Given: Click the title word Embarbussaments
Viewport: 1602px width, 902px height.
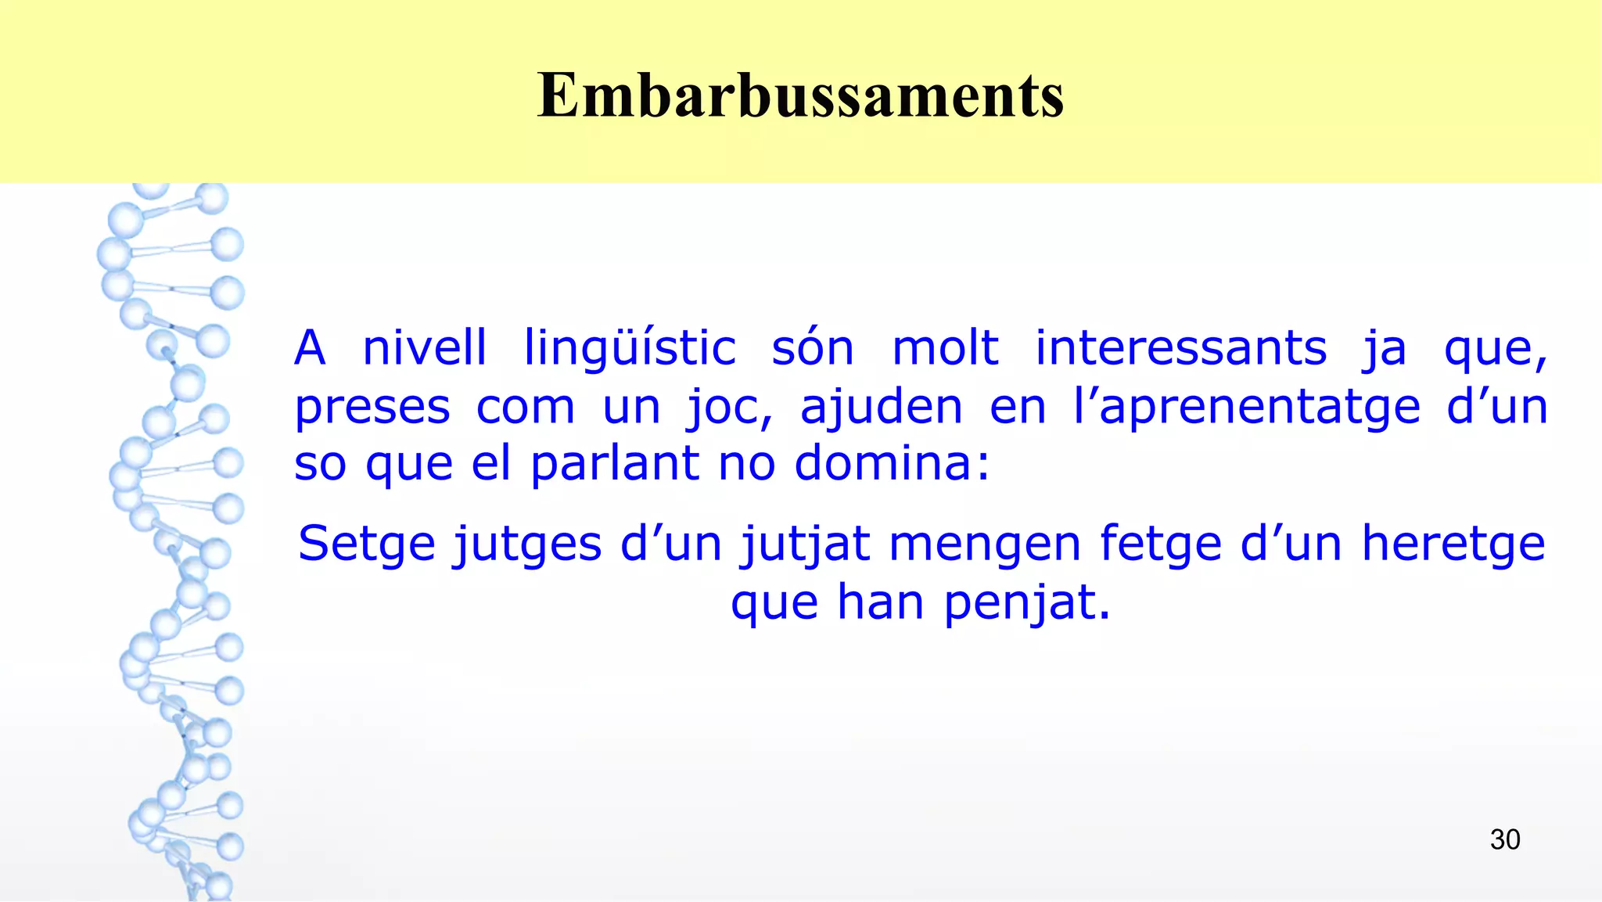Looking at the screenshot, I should [800, 95].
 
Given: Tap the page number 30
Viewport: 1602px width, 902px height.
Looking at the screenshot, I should [1504, 839].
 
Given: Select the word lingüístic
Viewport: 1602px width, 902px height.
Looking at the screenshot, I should [630, 348].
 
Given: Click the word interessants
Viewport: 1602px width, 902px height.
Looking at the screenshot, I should [1181, 348].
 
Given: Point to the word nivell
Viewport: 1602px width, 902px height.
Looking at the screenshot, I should [425, 348].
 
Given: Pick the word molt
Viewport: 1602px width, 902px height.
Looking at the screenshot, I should [945, 348].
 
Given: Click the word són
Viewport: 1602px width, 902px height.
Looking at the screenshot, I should [813, 348].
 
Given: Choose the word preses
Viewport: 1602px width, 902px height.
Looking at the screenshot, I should [372, 408].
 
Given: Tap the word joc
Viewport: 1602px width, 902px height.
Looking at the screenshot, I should [729, 408].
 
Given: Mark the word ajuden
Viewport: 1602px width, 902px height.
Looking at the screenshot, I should [881, 408].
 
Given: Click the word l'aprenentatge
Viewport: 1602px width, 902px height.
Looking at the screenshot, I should [1246, 408].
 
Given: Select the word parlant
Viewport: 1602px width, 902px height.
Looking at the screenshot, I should [615, 463].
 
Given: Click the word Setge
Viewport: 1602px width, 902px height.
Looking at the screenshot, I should [366, 544].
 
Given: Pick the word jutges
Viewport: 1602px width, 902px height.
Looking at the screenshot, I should [528, 544].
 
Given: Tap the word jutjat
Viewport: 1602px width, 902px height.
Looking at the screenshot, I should [806, 544].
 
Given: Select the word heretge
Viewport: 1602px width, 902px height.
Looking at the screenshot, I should [1453, 544].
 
